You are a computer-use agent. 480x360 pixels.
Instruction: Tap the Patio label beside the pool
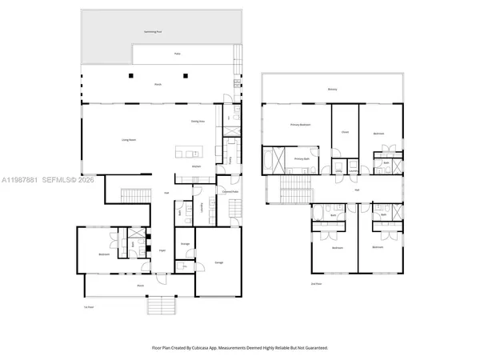click(x=178, y=54)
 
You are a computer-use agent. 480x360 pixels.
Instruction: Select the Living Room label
click(x=127, y=140)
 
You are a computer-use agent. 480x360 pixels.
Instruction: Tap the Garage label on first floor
click(x=218, y=263)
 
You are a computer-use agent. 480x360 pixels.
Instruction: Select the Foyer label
click(x=161, y=250)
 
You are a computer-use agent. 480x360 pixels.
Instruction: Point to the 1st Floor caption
click(x=89, y=306)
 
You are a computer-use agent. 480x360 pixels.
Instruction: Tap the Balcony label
click(x=331, y=90)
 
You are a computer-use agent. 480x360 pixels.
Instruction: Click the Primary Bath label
click(x=301, y=158)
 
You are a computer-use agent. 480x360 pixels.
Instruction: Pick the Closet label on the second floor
click(x=345, y=133)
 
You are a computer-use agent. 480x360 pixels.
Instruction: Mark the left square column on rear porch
click(x=130, y=76)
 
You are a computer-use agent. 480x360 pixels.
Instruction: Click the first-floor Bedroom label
click(x=104, y=255)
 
